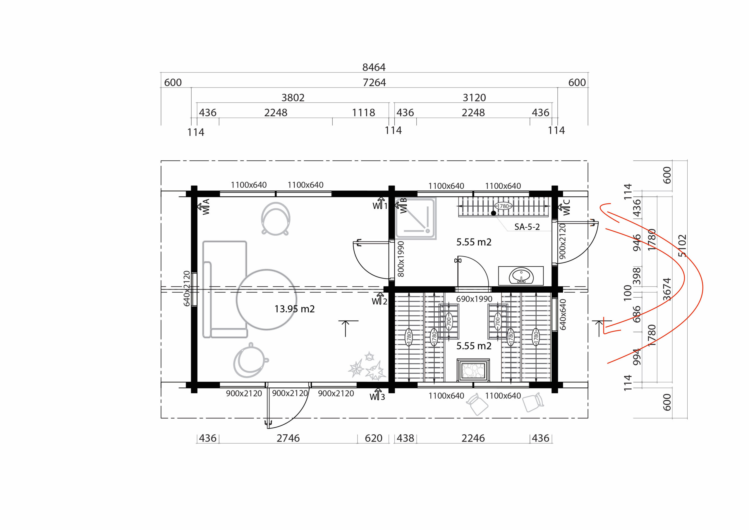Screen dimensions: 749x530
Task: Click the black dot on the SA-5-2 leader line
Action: coord(494,213)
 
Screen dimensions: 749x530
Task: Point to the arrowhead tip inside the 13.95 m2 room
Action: coord(346,321)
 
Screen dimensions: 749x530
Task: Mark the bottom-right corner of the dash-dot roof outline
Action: coord(588,418)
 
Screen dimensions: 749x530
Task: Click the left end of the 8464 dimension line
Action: coord(161,73)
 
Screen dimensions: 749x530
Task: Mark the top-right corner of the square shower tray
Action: coord(436,198)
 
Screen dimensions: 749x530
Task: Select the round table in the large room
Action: coord(267,300)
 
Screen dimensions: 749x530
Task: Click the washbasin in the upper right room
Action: coord(521,276)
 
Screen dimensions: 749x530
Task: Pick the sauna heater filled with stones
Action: coord(473,370)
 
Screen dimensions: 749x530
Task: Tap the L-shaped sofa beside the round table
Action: coord(225,289)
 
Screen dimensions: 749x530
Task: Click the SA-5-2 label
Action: coord(527,227)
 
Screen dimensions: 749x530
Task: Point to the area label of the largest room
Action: coord(295,309)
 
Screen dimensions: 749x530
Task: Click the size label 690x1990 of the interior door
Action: coord(474,299)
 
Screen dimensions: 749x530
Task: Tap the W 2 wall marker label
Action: coord(380,301)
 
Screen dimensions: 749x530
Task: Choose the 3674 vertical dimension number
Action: coord(667,289)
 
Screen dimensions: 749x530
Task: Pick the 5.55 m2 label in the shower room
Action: coord(474,242)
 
